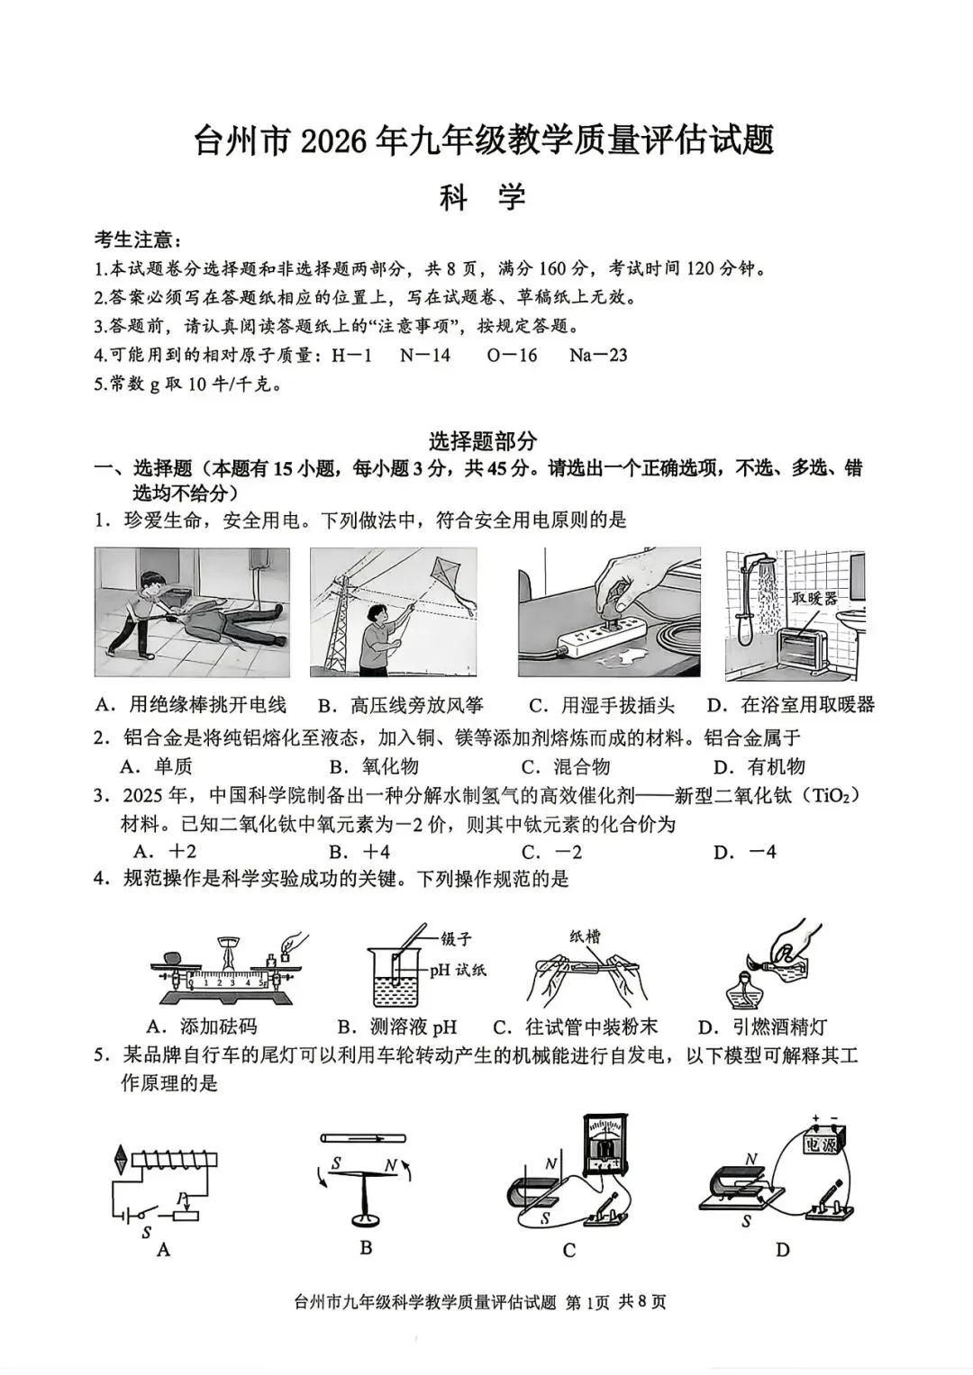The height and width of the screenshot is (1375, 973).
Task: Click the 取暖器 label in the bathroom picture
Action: point(814,599)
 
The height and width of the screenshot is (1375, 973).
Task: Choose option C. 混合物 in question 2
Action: point(566,766)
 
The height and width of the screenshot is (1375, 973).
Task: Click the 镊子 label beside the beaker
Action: point(456,938)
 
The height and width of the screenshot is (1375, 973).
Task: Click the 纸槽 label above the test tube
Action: point(585,936)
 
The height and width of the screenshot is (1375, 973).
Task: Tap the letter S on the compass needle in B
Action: point(336,1163)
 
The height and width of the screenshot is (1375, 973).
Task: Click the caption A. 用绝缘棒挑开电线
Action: point(190,705)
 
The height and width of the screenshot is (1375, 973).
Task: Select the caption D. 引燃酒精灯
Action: point(762,1027)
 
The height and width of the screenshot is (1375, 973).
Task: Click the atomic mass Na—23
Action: point(597,355)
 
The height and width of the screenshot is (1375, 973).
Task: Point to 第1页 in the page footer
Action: point(587,1302)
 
